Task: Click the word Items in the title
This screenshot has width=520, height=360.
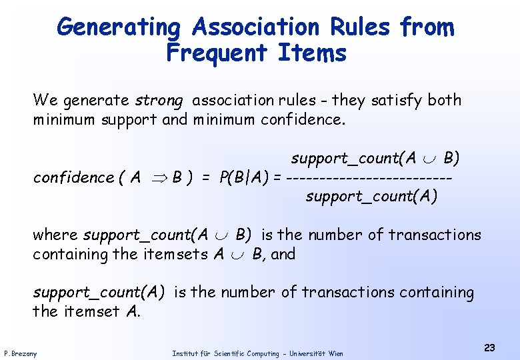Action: click(313, 52)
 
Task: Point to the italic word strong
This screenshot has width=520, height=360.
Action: click(158, 101)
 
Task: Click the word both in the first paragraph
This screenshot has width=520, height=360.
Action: click(445, 101)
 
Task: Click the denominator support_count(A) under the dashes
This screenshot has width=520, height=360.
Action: click(371, 197)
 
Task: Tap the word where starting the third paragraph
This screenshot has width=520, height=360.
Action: click(55, 235)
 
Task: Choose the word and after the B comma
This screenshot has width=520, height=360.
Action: click(283, 254)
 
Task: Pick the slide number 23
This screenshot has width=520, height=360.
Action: click(489, 347)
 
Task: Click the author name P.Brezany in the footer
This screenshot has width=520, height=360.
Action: click(21, 353)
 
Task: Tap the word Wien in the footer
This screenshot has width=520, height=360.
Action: click(335, 353)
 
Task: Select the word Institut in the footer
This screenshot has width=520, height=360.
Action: click(184, 353)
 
